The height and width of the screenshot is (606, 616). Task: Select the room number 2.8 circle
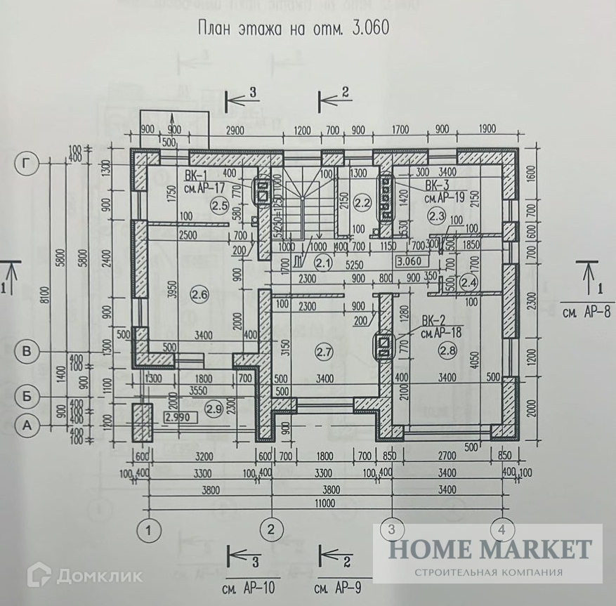pos(447,349)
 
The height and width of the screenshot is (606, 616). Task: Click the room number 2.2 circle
pos(362,204)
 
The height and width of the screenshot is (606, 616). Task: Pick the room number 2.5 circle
pos(219,206)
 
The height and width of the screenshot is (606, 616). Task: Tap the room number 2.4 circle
pos(468,282)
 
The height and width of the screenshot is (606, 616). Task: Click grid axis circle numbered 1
pos(149,528)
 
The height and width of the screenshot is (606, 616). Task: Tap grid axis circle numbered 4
pos(502,528)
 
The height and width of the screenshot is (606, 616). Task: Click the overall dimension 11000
pos(325,503)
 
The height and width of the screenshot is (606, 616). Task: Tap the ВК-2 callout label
pos(431,320)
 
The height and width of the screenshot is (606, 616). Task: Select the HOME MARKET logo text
pos(490,548)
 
